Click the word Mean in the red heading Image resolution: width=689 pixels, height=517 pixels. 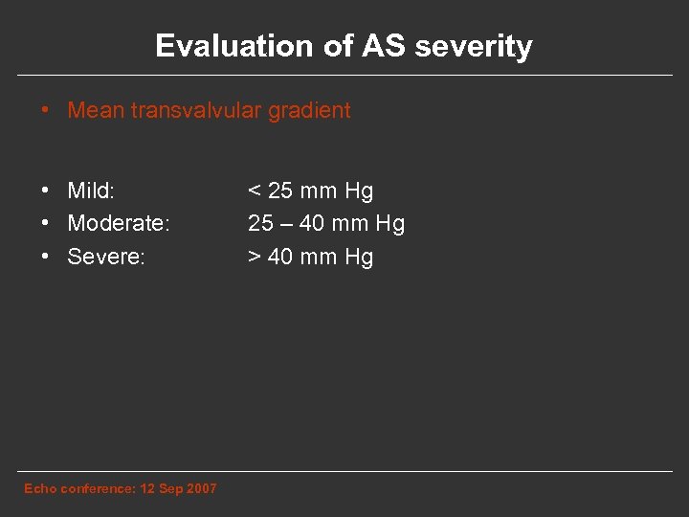point(95,110)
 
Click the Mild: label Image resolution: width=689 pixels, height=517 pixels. point(91,191)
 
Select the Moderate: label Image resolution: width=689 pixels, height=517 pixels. point(119,223)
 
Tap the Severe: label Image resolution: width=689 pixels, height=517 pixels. point(106,257)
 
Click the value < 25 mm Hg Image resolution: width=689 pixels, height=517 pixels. point(310,191)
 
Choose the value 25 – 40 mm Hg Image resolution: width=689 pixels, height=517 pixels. point(326,223)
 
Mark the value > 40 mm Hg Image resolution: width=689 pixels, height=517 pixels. point(310,257)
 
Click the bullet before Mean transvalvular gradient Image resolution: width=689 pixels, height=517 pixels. point(46,110)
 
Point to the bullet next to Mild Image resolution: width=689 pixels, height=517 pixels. point(46,191)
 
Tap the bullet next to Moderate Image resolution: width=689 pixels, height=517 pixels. point(46,223)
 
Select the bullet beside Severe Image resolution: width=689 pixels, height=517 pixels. point(46,257)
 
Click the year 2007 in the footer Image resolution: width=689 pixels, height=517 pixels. point(201,488)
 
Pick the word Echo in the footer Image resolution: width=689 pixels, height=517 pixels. point(40,488)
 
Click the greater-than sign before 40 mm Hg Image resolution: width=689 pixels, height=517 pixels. point(255,257)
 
